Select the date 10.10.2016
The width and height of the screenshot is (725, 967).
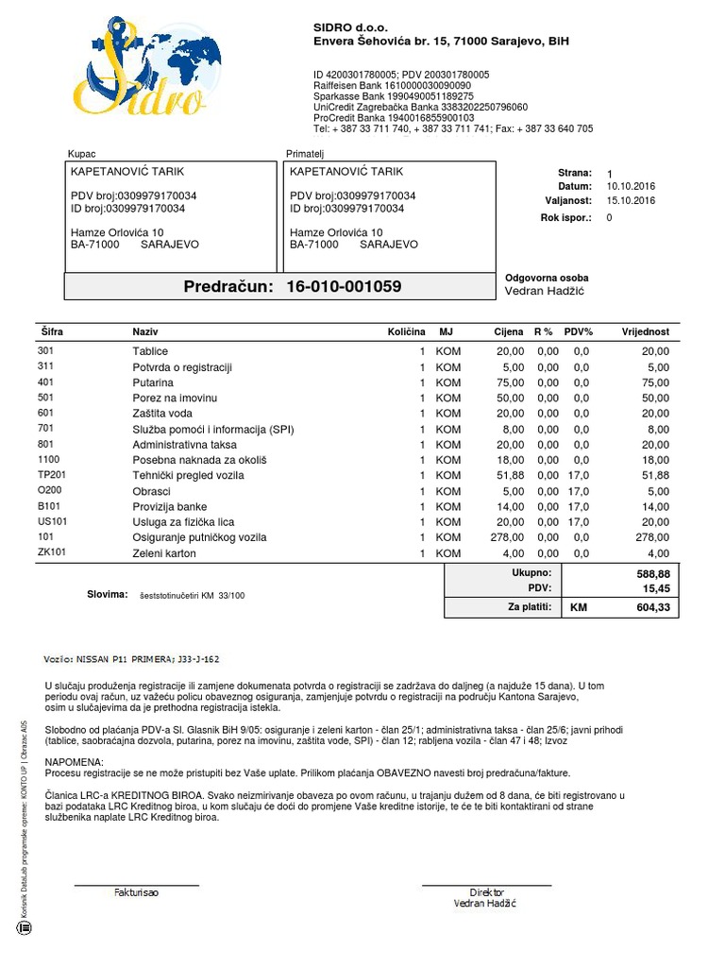630,187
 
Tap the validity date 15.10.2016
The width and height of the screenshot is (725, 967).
630,201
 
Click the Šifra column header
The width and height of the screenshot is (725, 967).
51,332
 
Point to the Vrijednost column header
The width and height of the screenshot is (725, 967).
645,332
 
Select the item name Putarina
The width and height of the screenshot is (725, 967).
153,382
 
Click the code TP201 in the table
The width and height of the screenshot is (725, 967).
52,475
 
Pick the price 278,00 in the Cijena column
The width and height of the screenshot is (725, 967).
508,537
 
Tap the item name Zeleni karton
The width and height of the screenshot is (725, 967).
165,552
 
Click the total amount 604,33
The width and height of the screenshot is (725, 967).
652,608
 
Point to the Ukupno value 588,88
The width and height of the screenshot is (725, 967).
652,573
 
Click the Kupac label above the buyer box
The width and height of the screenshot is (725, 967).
83,153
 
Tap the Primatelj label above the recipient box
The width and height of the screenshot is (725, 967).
305,153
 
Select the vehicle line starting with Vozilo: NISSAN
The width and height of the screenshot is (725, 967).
132,658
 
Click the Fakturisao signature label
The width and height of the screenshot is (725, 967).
137,892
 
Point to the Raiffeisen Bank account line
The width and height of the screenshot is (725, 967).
392,85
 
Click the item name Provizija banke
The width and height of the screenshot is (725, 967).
169,506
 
